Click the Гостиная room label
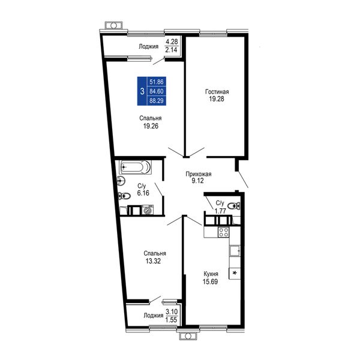pyautogui.click(x=217, y=92)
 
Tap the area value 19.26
pyautogui.click(x=151, y=126)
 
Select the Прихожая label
pyautogui.click(x=199, y=174)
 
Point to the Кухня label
pyautogui.click(x=211, y=274)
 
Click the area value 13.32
pyautogui.click(x=153, y=261)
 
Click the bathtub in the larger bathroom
pyautogui.click(x=135, y=167)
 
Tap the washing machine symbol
pyautogui.click(x=148, y=210)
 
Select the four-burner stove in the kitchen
pyautogui.click(x=223, y=232)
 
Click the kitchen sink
pyautogui.click(x=235, y=251)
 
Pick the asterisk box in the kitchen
pyautogui.click(x=235, y=274)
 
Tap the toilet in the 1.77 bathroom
pyautogui.click(x=234, y=205)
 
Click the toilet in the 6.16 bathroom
pyautogui.click(x=124, y=196)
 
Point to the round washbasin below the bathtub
pyautogui.click(x=121, y=181)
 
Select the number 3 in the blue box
pyautogui.click(x=142, y=91)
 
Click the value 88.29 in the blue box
pyautogui.click(x=157, y=101)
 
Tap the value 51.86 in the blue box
pyautogui.click(x=157, y=82)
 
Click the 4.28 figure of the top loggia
pyautogui.click(x=172, y=42)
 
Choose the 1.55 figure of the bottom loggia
pyautogui.click(x=172, y=320)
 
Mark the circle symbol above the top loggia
pyautogui.click(x=113, y=25)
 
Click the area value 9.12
pyautogui.click(x=198, y=181)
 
